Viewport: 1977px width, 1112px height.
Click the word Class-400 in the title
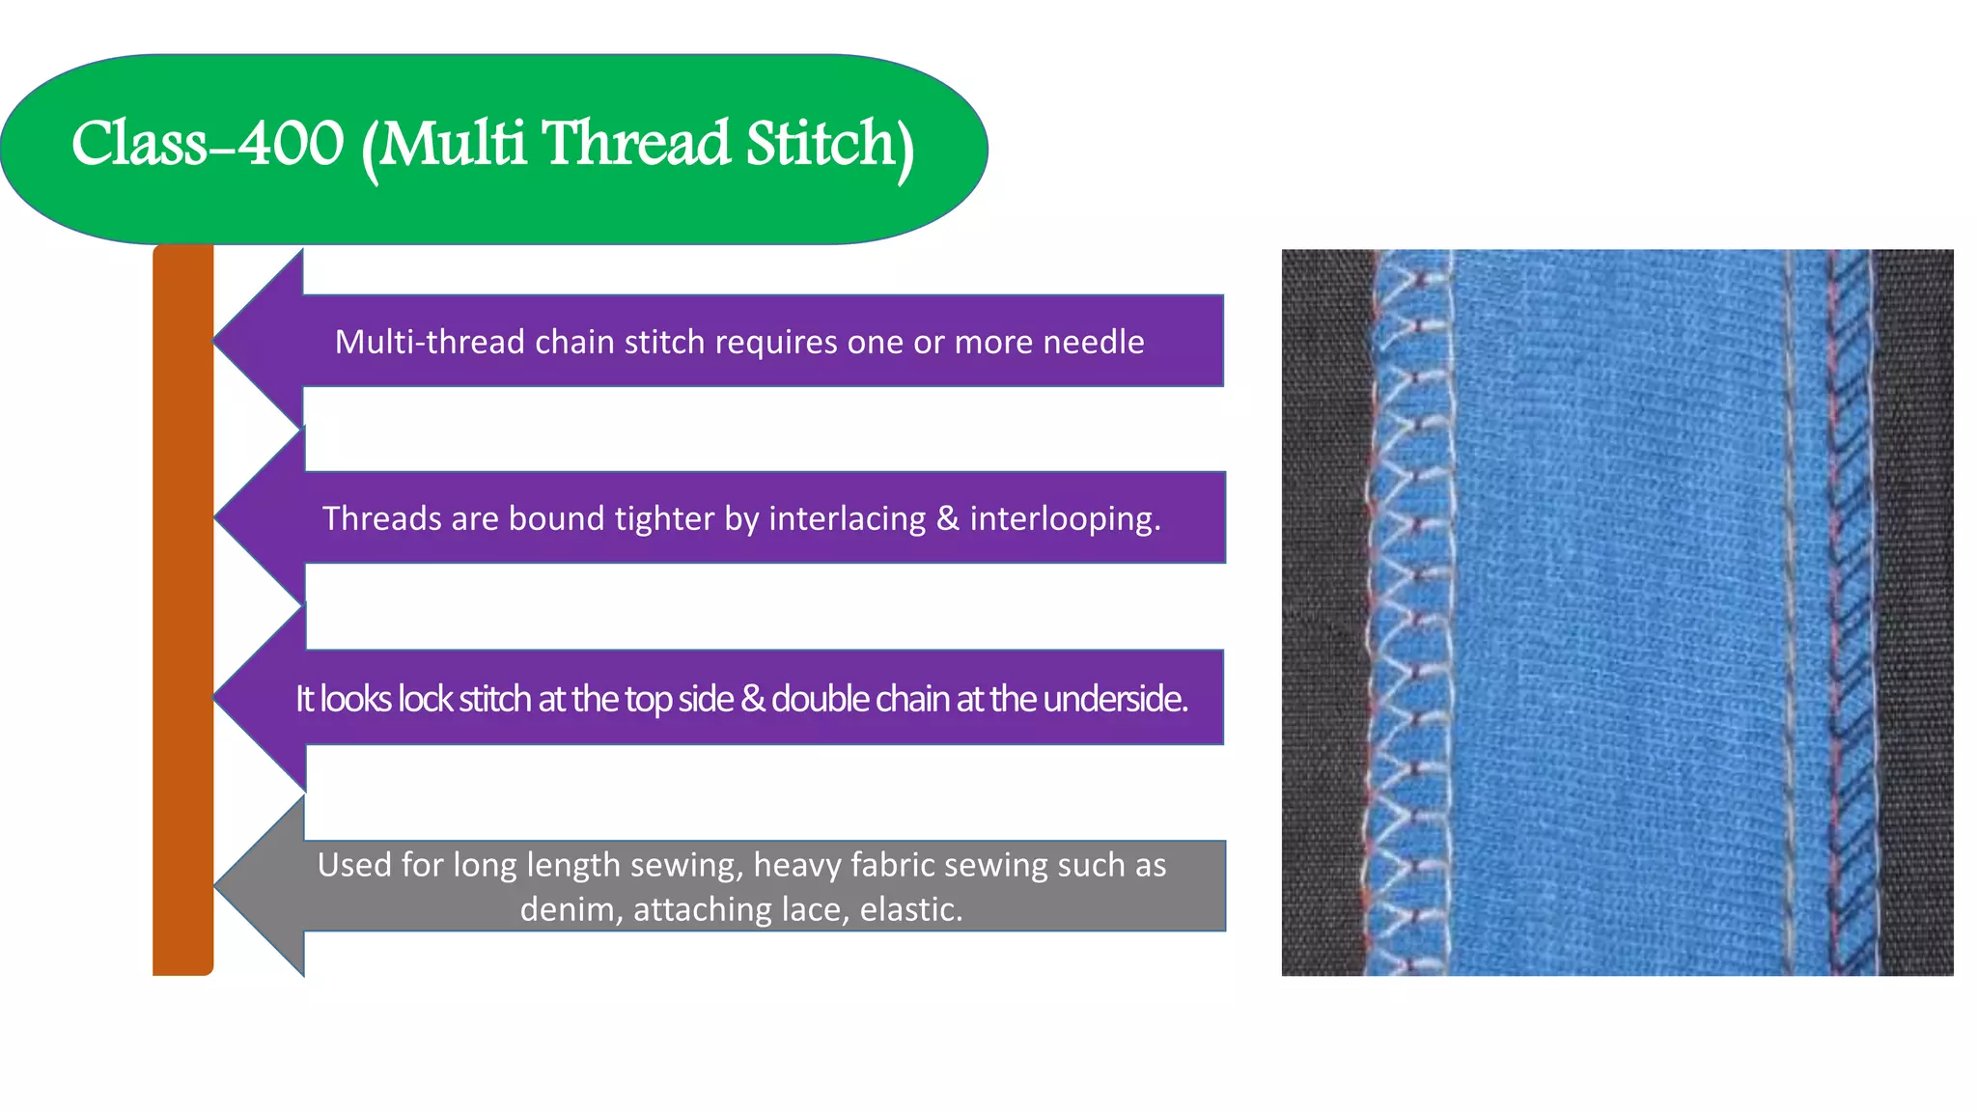click(x=208, y=144)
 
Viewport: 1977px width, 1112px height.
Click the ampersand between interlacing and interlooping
click(x=947, y=518)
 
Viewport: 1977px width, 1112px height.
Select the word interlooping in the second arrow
click(x=1064, y=518)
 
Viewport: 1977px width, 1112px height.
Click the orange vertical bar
click(x=182, y=608)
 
